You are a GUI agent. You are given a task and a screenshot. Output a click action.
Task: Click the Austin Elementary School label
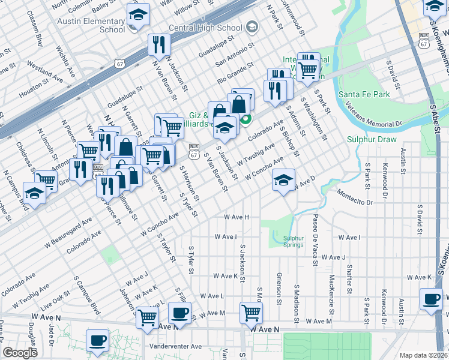coord(91,25)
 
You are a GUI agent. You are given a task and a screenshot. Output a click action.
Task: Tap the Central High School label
coord(197,28)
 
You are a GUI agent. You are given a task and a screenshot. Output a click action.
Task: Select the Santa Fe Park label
coord(364,94)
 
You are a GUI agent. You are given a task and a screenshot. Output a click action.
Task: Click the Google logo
coord(20,353)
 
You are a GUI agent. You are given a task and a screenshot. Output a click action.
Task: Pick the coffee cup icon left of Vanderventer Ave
coord(97,340)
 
